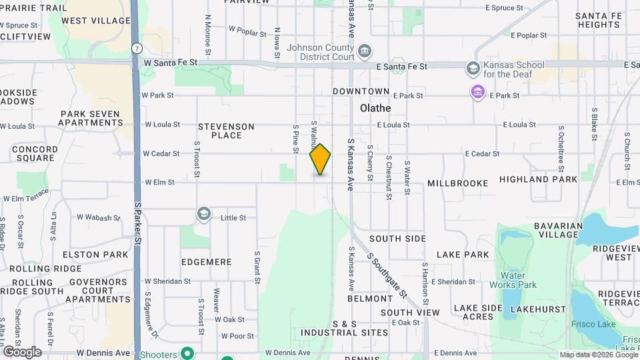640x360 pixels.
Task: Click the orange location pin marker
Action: click(x=320, y=159)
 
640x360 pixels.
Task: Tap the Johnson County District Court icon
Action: click(x=365, y=51)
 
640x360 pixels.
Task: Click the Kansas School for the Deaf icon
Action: click(x=473, y=68)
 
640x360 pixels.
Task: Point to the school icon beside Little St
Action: click(x=203, y=215)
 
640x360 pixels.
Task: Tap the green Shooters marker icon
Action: click(x=188, y=353)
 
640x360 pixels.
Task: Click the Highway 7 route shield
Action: click(x=136, y=49)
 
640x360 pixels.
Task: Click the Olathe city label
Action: click(x=375, y=107)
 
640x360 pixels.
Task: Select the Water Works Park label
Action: click(x=519, y=280)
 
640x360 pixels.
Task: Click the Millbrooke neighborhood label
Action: click(x=458, y=183)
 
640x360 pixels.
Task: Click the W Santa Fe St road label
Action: click(x=171, y=62)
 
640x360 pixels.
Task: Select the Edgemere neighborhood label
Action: click(x=206, y=262)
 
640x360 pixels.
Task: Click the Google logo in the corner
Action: click(x=22, y=351)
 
